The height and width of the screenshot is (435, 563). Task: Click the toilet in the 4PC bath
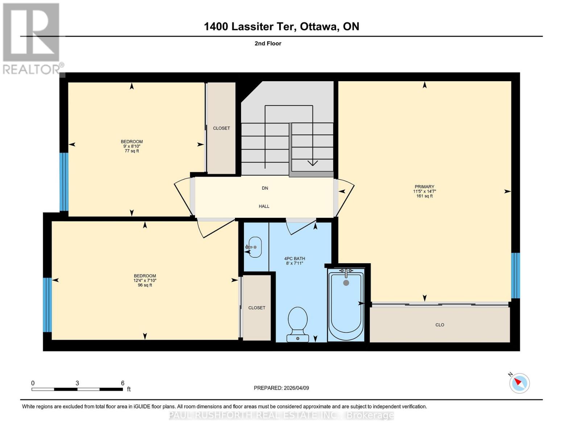[298, 324]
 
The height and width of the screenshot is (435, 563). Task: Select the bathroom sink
[254, 247]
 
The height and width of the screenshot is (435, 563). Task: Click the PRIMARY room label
[424, 187]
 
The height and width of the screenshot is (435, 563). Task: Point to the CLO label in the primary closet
[439, 325]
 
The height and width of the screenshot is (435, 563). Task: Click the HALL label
[264, 206]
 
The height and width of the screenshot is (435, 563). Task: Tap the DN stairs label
[265, 188]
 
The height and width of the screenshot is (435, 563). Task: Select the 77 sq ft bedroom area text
[132, 151]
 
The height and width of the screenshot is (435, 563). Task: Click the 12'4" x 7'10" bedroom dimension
[145, 280]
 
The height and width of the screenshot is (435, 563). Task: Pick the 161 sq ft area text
[424, 196]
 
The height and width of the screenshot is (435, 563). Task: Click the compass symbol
[519, 383]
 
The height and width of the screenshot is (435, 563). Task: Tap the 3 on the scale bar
[77, 383]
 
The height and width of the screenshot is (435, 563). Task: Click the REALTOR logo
[32, 38]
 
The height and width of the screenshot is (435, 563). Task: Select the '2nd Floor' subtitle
[268, 43]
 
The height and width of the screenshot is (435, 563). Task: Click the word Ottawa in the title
[317, 26]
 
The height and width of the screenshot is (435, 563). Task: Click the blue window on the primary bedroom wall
[515, 275]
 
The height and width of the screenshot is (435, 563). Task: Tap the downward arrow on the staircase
[312, 162]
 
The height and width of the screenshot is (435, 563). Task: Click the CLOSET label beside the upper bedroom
[221, 128]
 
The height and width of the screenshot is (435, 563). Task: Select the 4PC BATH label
[294, 258]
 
